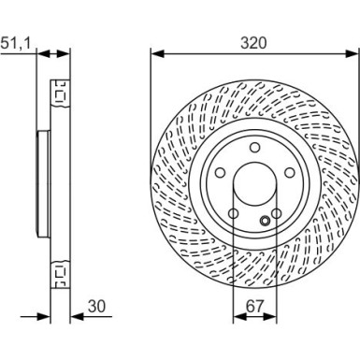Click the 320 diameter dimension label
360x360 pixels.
[x=248, y=42]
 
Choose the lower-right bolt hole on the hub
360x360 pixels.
[x=274, y=218]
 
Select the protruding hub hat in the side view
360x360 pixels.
[x=40, y=183]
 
